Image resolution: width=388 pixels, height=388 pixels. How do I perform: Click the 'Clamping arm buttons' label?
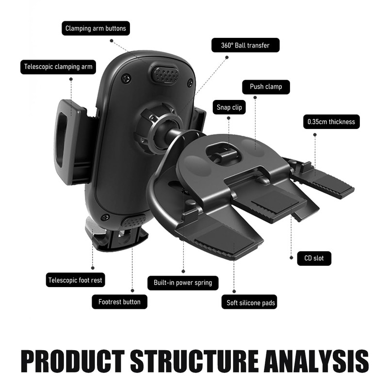[x=96, y=29]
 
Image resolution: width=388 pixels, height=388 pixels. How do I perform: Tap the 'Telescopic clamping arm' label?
[x=58, y=66]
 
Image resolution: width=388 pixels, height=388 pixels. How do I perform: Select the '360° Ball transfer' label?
[x=245, y=46]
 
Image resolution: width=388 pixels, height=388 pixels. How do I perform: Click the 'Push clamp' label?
[x=266, y=87]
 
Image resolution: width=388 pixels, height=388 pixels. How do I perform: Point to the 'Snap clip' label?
[x=229, y=107]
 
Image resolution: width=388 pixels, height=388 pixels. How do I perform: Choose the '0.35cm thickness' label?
[x=331, y=122]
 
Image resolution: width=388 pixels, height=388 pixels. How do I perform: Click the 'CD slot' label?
[x=314, y=258]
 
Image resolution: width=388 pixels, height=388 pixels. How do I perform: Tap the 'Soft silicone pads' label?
[x=251, y=303]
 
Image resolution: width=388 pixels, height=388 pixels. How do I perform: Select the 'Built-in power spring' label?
[x=183, y=283]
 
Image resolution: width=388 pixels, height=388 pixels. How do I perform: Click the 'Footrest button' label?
[x=119, y=302]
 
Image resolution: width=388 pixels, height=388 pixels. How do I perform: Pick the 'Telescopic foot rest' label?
[x=76, y=280]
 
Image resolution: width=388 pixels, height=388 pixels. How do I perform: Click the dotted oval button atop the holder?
[x=165, y=74]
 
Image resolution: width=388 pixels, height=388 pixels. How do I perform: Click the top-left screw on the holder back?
[x=126, y=78]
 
